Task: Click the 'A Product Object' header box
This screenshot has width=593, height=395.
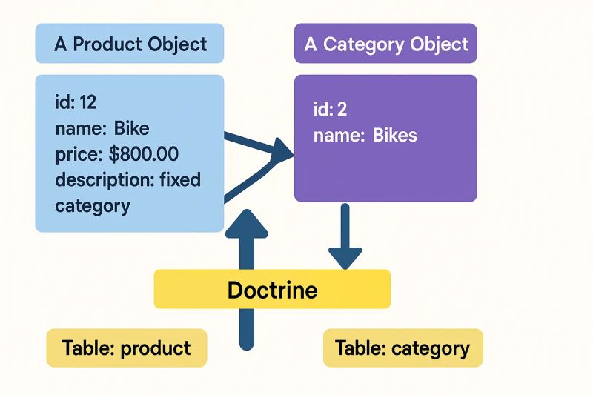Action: click(130, 44)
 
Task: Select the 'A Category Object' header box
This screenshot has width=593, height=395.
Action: click(385, 44)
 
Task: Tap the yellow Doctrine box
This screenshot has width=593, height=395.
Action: click(272, 289)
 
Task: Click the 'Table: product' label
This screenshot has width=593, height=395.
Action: click(126, 348)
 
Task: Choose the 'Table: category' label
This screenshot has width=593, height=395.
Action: click(402, 348)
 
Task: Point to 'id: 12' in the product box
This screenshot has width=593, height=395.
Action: click(76, 103)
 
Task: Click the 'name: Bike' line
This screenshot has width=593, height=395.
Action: click(102, 128)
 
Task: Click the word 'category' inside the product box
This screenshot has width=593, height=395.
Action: click(92, 205)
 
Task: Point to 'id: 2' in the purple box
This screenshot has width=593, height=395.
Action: click(331, 110)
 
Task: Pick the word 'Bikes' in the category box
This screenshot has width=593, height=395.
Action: click(394, 136)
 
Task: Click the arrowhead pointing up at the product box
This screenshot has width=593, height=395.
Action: click(248, 222)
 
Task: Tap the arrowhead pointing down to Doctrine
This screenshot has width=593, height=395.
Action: click(345, 256)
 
